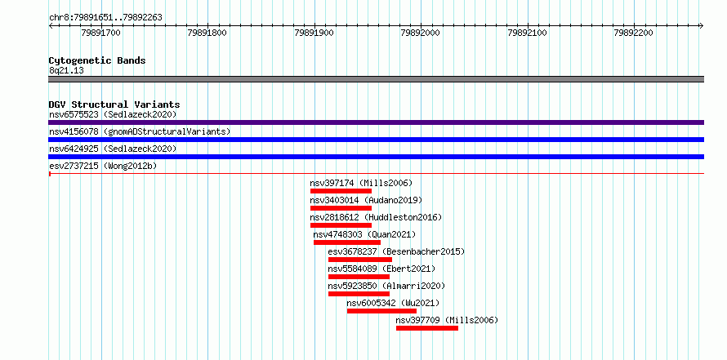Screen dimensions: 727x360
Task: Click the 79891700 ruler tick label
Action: (x=100, y=33)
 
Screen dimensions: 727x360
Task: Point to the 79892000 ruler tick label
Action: (x=421, y=33)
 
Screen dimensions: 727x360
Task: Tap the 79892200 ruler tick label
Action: (x=633, y=33)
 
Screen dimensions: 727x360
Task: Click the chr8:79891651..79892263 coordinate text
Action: (x=105, y=18)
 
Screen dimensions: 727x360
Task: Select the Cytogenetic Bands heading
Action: (x=97, y=60)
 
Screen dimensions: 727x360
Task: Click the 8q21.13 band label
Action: (x=66, y=71)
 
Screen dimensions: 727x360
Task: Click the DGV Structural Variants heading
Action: (x=114, y=104)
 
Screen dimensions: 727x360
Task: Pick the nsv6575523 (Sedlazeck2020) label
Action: (x=113, y=114)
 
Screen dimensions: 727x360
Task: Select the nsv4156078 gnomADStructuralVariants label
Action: (x=140, y=131)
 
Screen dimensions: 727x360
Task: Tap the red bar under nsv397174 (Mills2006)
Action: (x=341, y=191)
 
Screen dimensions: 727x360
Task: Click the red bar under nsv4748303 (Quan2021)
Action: (x=347, y=242)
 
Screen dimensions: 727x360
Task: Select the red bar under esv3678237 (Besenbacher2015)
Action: (x=359, y=260)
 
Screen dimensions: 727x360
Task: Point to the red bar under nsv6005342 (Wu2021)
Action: (x=381, y=311)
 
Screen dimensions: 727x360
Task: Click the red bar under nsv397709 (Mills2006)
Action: (x=427, y=328)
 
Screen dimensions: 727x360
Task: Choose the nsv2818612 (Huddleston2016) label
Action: (x=376, y=217)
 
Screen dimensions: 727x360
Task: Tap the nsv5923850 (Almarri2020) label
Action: (x=386, y=286)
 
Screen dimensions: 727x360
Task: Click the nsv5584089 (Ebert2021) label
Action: (x=381, y=269)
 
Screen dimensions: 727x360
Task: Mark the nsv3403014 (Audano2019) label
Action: (x=366, y=200)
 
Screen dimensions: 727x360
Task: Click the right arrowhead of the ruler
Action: (x=702, y=26)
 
